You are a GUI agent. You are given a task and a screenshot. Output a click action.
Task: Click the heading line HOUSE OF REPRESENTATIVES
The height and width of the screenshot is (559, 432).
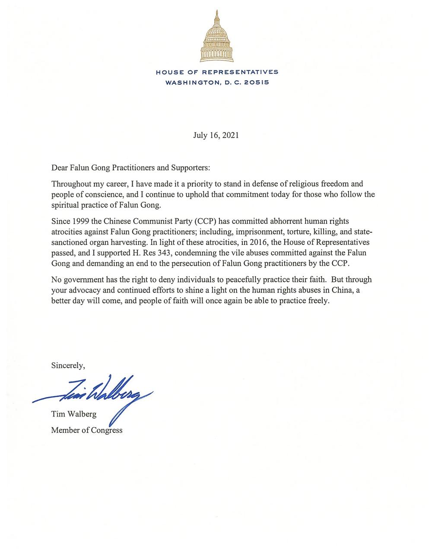tap(217, 72)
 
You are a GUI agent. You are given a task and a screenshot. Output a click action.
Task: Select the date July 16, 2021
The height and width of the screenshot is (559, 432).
tap(216, 135)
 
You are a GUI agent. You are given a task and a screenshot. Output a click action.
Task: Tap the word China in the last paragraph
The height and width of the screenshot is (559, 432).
tap(342, 290)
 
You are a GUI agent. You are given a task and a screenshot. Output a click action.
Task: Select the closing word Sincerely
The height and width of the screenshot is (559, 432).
tap(68, 365)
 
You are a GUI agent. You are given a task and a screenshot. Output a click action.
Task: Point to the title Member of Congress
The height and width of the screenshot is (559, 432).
tap(87, 430)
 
